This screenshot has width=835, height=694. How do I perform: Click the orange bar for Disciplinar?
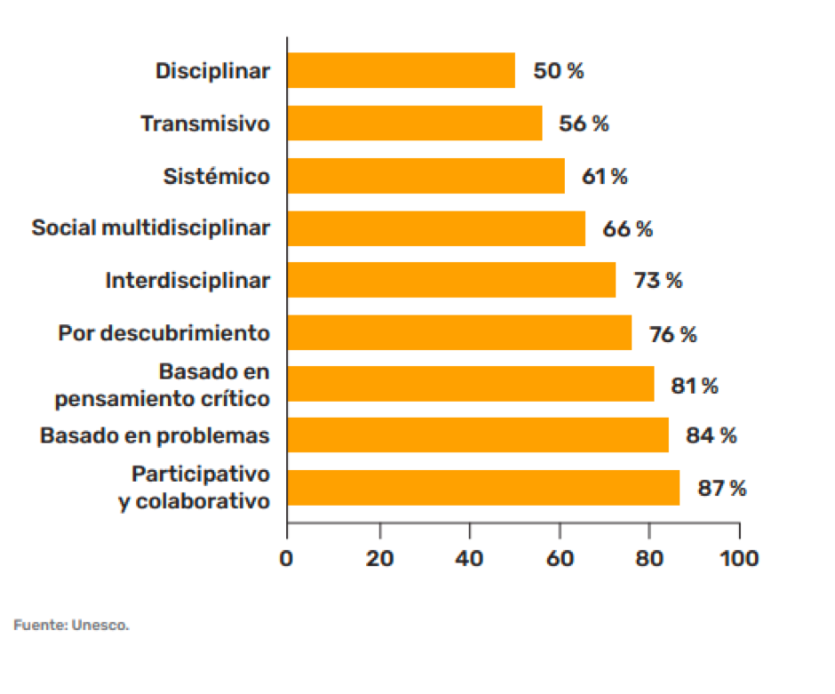pos(402,71)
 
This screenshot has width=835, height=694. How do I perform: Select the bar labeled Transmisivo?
pos(415,124)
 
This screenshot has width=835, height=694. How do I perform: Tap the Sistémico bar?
pos(426,176)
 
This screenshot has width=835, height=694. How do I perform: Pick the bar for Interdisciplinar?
pos(451,280)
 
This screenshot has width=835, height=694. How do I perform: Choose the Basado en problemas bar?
pos(478,435)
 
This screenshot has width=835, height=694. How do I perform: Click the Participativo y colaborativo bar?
pos(484,488)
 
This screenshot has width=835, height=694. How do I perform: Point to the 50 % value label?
pos(559,71)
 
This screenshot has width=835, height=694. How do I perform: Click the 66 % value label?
pos(627,228)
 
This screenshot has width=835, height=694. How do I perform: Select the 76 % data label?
pos(672,334)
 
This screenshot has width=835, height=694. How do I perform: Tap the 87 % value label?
pos(721,488)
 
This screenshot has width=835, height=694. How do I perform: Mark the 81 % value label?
pos(695,386)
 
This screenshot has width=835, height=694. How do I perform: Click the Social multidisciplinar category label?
pos(151,228)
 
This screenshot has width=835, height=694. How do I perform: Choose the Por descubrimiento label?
pos(164,334)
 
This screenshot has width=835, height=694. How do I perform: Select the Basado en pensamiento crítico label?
pos(163,386)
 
